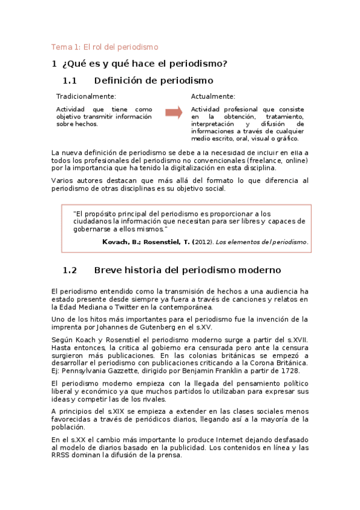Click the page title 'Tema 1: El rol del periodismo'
pyautogui.click(x=104, y=47)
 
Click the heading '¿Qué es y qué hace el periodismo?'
pyautogui.click(x=144, y=63)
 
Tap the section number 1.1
pyautogui.click(x=70, y=81)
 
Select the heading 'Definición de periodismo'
pyautogui.click(x=154, y=81)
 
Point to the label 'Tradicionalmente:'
pyautogui.click(x=86, y=96)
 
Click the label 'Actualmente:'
pyautogui.click(x=213, y=96)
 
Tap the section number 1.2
pyautogui.click(x=70, y=270)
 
